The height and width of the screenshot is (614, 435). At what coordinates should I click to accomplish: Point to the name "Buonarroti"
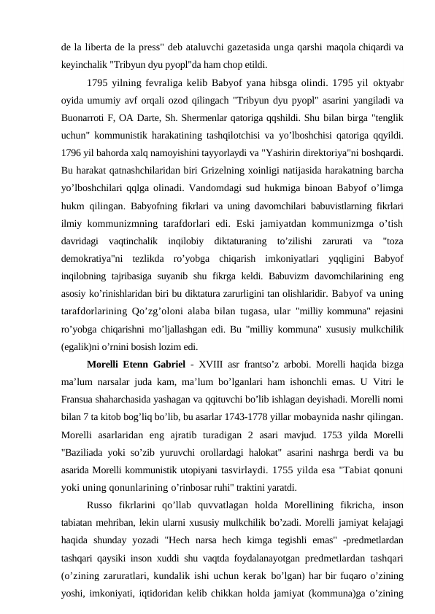84,117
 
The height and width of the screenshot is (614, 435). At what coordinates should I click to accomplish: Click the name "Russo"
100,502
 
